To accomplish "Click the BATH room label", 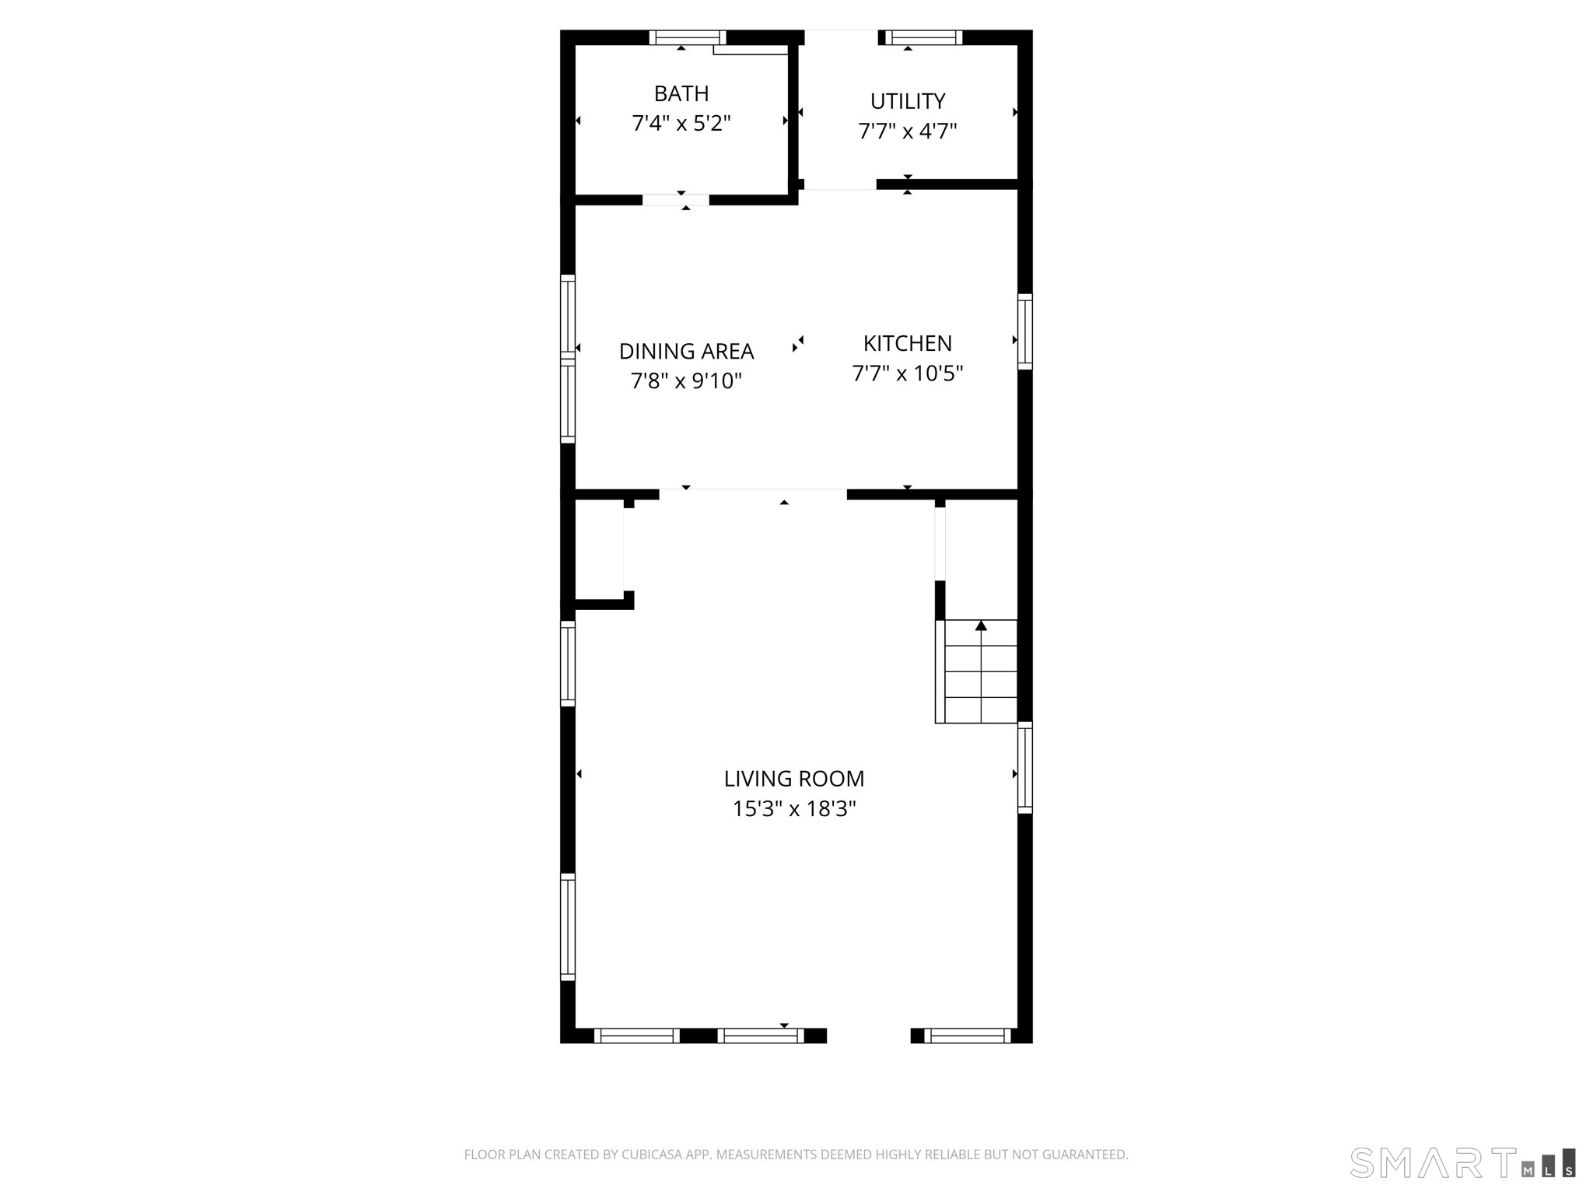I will (x=681, y=93).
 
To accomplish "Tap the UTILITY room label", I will (x=907, y=101).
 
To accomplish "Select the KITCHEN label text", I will (x=907, y=343).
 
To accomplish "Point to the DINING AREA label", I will (x=686, y=351).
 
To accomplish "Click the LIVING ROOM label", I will (x=793, y=778).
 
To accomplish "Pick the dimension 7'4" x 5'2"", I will (x=681, y=124).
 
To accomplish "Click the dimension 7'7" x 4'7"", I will (x=907, y=131).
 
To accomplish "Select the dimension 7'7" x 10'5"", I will (x=907, y=373).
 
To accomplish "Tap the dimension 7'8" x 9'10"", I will (x=686, y=381).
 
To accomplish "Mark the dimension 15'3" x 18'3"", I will (x=793, y=809).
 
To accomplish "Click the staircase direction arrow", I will (x=981, y=626).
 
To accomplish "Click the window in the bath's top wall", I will (x=688, y=37).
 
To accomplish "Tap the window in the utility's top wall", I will (x=923, y=37).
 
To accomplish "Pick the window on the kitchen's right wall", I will (x=1025, y=331).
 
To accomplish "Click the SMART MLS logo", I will (x=1462, y=1162).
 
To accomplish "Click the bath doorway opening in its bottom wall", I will (x=675, y=200).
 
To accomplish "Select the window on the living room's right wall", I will (x=1025, y=767).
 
